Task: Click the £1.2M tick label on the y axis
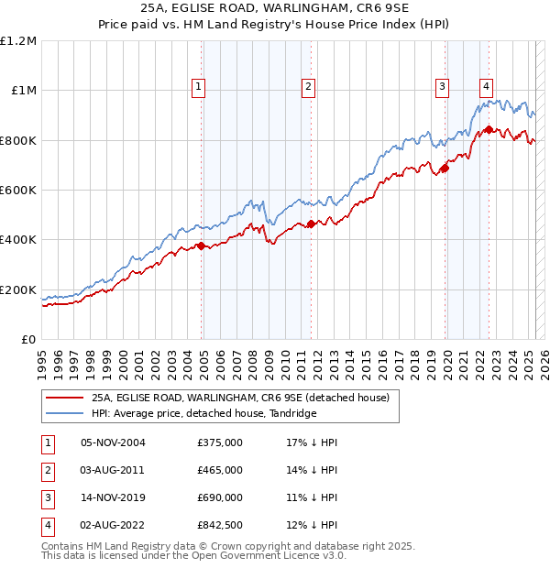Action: (x=18, y=40)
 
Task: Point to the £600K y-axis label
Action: (x=18, y=190)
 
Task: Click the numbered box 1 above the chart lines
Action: (x=198, y=87)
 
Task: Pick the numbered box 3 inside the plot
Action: (x=442, y=87)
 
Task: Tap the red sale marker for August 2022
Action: (x=489, y=129)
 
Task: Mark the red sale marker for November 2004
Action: (x=201, y=246)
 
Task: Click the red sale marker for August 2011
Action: (x=311, y=224)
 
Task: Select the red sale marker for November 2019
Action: (x=445, y=168)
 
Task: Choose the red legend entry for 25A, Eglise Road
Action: (x=240, y=398)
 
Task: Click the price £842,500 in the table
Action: (x=220, y=525)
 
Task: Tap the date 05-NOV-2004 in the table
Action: (x=113, y=442)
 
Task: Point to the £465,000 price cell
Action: (x=220, y=470)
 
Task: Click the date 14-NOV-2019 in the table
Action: (x=113, y=497)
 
